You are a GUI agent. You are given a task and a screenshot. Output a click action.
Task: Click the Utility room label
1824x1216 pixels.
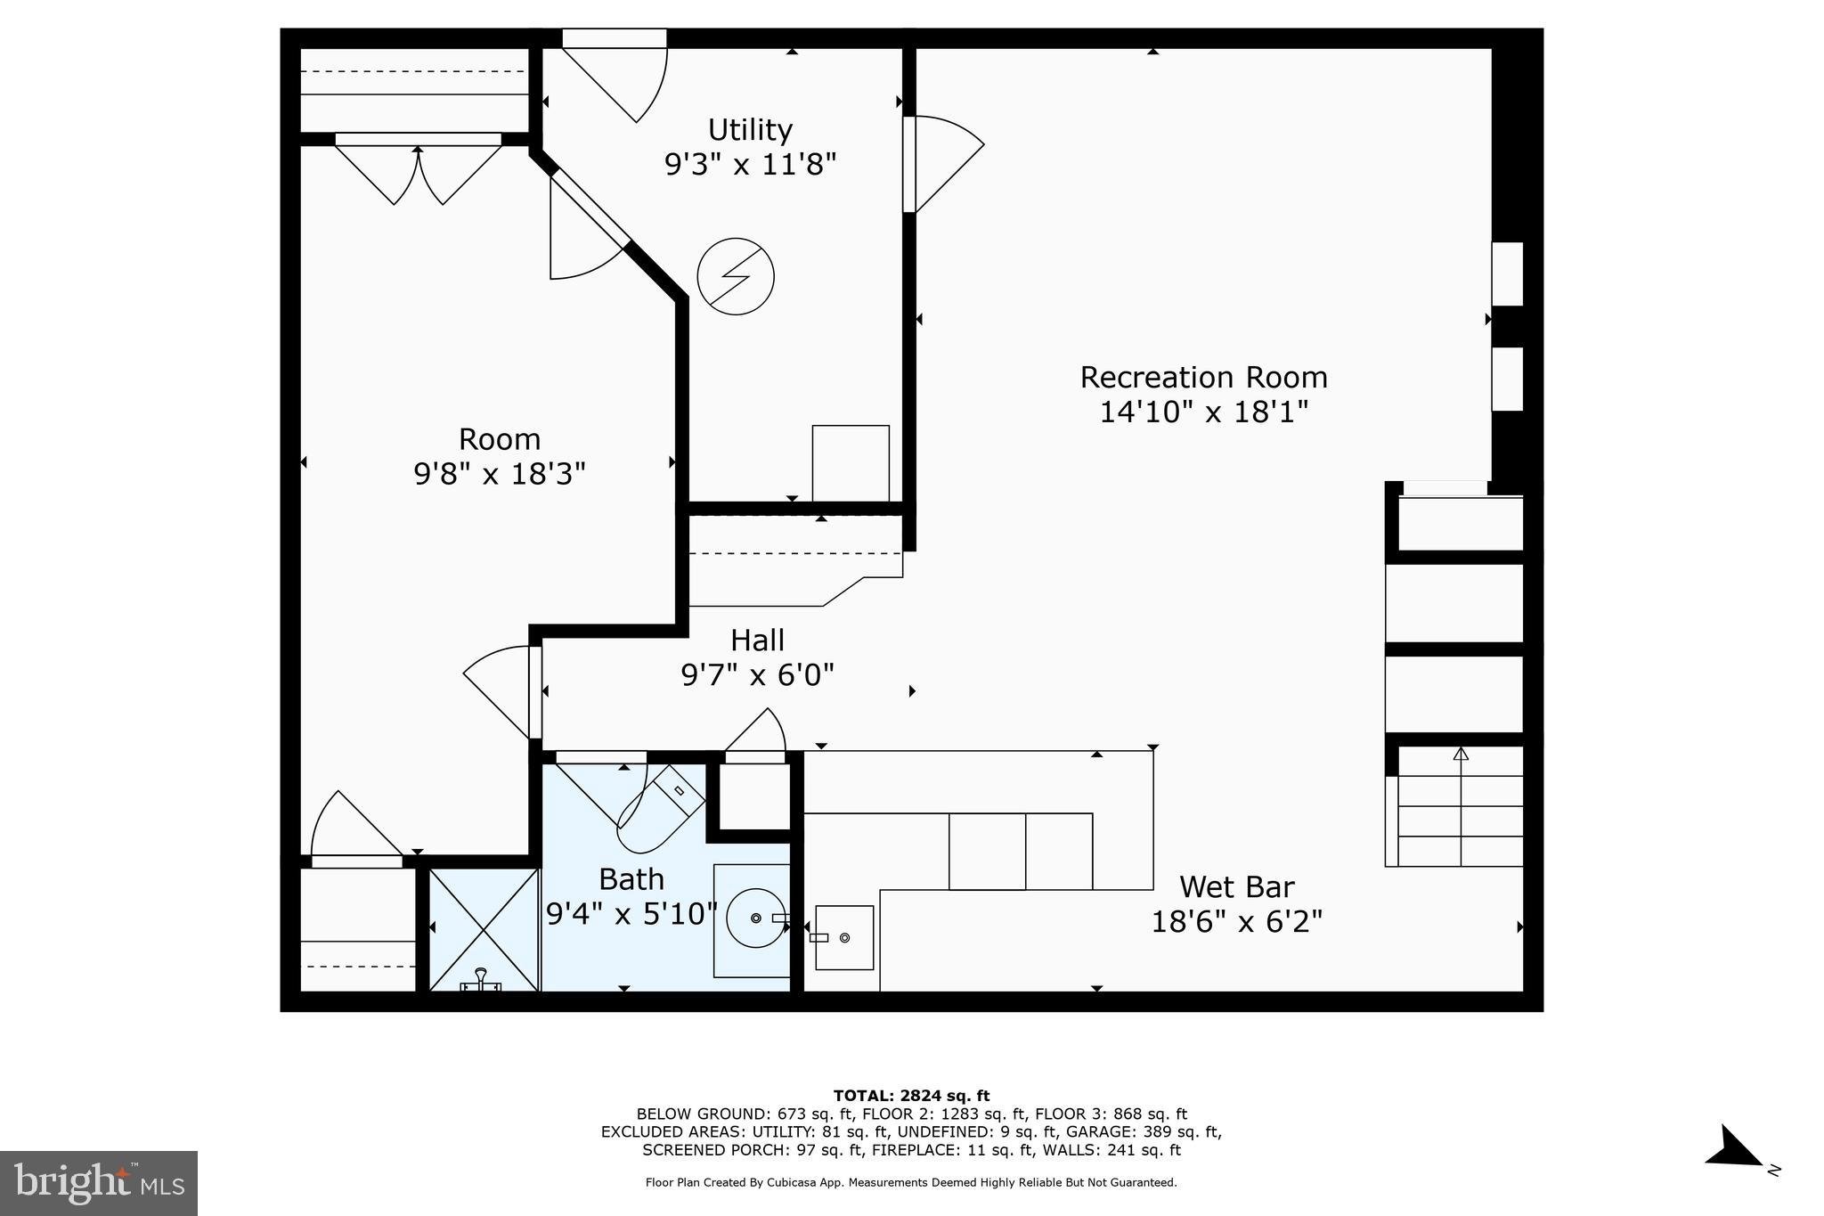pyautogui.click(x=750, y=130)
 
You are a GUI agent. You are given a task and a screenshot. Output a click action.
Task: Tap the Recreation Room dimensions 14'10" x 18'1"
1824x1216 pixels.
pyautogui.click(x=1203, y=412)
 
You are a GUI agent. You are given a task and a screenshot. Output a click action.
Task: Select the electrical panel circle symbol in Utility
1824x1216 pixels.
pyautogui.click(x=736, y=276)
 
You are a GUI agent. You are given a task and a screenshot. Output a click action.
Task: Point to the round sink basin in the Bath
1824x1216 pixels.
pyautogui.click(x=755, y=918)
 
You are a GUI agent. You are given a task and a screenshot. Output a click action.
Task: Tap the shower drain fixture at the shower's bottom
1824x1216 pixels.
pyautogui.click(x=481, y=981)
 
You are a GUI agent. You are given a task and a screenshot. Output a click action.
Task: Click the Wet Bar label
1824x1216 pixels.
pyautogui.click(x=1236, y=887)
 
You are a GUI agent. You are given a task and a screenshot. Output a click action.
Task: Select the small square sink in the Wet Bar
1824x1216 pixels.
pyautogui.click(x=843, y=937)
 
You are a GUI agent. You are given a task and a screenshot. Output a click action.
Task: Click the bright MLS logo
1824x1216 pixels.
pyautogui.click(x=99, y=1183)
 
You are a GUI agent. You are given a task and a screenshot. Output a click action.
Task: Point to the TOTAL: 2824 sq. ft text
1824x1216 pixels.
pyautogui.click(x=911, y=1096)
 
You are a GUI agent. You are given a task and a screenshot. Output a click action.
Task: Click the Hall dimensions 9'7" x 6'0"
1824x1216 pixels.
pyautogui.click(x=757, y=675)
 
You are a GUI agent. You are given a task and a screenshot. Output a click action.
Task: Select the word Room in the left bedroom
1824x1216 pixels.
pyautogui.click(x=499, y=439)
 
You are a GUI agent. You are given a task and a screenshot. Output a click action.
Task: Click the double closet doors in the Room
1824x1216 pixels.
pyautogui.click(x=418, y=173)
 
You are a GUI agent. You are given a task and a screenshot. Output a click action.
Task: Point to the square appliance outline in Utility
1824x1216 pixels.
pyautogui.click(x=851, y=463)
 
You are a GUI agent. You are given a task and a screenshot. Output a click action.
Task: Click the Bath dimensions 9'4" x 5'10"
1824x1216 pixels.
pyautogui.click(x=631, y=914)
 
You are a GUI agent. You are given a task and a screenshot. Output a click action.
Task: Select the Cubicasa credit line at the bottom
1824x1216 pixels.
pyautogui.click(x=911, y=1183)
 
